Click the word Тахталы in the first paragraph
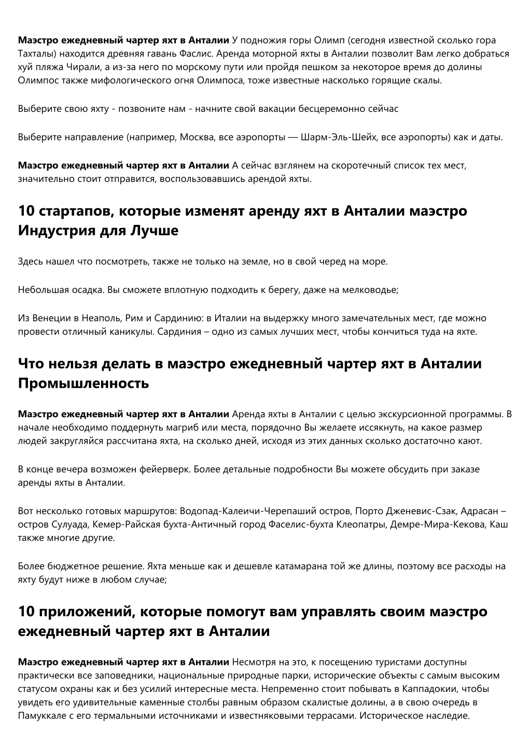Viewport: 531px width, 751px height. click(36, 53)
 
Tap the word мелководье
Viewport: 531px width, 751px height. click(369, 290)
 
